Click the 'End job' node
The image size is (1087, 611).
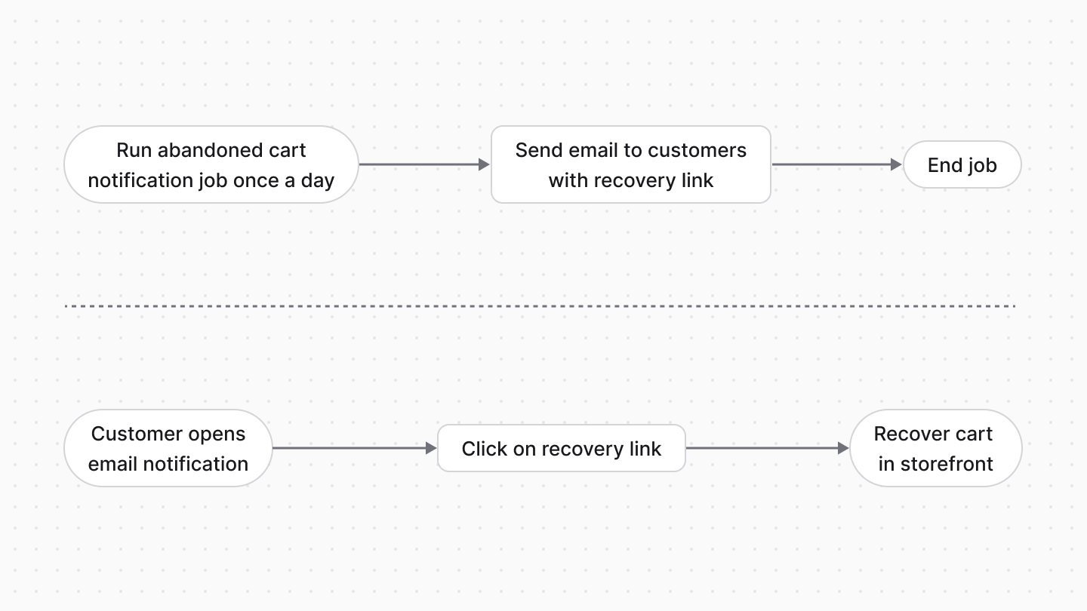click(962, 164)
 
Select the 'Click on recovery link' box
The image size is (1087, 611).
click(561, 448)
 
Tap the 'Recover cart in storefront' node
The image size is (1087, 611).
click(935, 448)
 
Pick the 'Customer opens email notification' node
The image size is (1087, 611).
click(168, 448)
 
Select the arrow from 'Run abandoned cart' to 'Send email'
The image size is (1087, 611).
click(424, 164)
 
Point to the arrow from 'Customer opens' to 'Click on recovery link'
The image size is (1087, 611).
click(354, 448)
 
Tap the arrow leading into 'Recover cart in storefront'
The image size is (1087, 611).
click(767, 448)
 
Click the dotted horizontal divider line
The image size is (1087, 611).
click(540, 306)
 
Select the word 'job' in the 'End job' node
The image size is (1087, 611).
click(982, 165)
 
